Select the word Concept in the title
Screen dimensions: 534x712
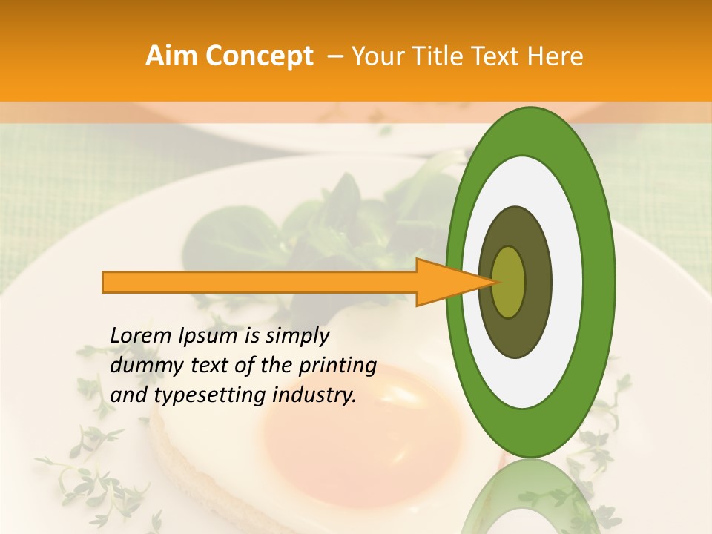click(x=259, y=56)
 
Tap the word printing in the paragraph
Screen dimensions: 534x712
click(x=337, y=366)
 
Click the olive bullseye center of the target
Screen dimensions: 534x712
click(x=509, y=282)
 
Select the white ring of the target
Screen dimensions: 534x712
click(x=531, y=178)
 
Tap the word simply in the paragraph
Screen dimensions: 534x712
click(x=297, y=336)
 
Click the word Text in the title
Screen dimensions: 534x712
click(x=494, y=56)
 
